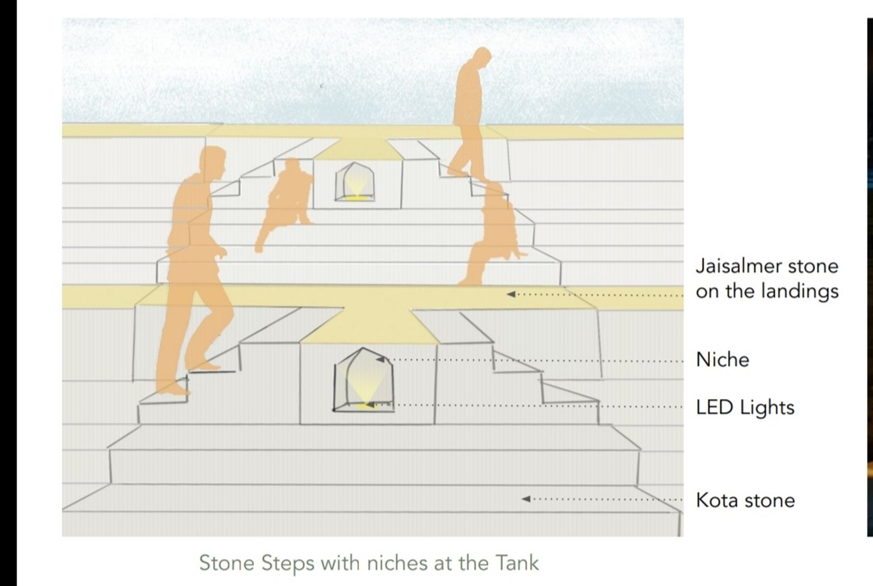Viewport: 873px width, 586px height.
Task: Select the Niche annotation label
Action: [722, 359]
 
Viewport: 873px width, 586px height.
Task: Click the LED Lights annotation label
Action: [745, 408]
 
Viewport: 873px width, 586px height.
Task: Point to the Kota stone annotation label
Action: [745, 500]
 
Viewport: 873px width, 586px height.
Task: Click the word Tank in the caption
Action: [517, 563]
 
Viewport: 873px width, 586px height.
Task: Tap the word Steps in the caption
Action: [288, 564]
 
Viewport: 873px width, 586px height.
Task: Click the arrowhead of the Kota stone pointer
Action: [526, 499]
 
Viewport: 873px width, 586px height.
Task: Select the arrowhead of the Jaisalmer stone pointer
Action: [511, 294]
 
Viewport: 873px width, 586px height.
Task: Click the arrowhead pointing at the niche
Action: [380, 359]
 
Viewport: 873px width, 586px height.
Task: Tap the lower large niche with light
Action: [363, 380]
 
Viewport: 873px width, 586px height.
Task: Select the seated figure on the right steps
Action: [493, 233]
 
